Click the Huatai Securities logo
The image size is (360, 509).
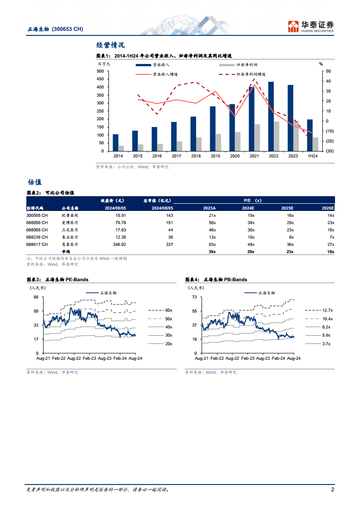(x=311, y=26)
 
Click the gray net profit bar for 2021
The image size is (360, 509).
(x=257, y=137)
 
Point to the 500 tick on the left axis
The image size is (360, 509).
(x=99, y=71)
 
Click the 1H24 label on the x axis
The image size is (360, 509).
(x=313, y=156)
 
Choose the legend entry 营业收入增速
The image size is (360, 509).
(x=164, y=74)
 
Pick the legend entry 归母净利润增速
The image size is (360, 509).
(x=251, y=74)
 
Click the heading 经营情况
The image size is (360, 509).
(x=111, y=45)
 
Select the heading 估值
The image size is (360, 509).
(x=35, y=182)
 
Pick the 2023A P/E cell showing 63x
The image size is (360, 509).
(x=212, y=244)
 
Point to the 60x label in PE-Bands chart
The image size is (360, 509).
(x=169, y=310)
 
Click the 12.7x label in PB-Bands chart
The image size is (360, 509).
(x=327, y=310)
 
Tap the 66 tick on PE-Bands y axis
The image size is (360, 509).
(x=36, y=297)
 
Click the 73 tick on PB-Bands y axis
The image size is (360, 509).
(x=194, y=297)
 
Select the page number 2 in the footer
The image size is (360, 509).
(x=333, y=490)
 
